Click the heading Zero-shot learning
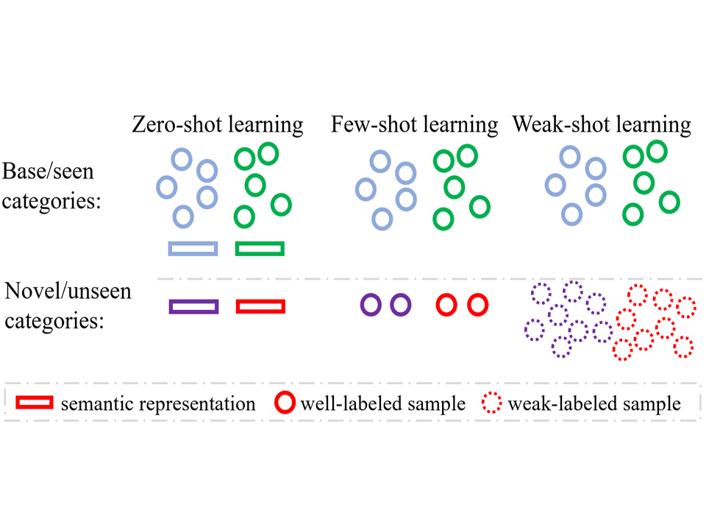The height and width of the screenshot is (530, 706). coord(217,124)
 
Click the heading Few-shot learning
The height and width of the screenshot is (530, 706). coord(415,124)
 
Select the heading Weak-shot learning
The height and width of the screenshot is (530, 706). coord(602,124)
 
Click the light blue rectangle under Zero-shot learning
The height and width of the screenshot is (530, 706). coord(193,248)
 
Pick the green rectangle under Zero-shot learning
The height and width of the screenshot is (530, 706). coord(260,248)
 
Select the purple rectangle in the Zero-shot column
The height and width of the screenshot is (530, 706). coord(193,306)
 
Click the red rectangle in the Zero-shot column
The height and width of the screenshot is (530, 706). coord(260,306)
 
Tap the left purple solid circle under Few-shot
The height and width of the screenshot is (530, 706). coord(371,304)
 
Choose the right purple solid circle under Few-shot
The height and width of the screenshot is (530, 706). coord(399,304)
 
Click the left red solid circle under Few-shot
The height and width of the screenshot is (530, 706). coord(447,304)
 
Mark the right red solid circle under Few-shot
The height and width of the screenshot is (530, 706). coord(477,304)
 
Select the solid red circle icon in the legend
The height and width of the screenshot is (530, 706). coord(285,403)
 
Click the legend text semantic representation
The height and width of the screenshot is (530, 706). coord(158,403)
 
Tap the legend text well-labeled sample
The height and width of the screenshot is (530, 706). coord(383,403)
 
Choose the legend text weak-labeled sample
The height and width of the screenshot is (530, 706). coord(594,403)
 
